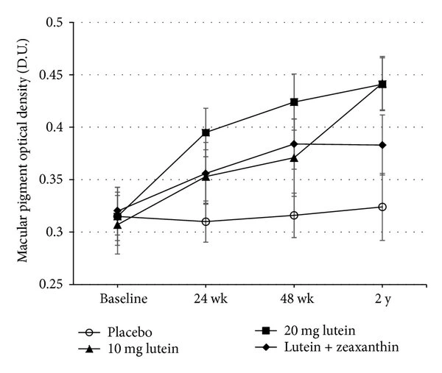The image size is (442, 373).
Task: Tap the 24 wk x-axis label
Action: (206, 299)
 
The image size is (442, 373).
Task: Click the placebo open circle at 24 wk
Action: (206, 221)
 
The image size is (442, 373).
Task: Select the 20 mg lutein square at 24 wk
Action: (206, 132)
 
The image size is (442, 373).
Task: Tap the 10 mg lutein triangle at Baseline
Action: (118, 224)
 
